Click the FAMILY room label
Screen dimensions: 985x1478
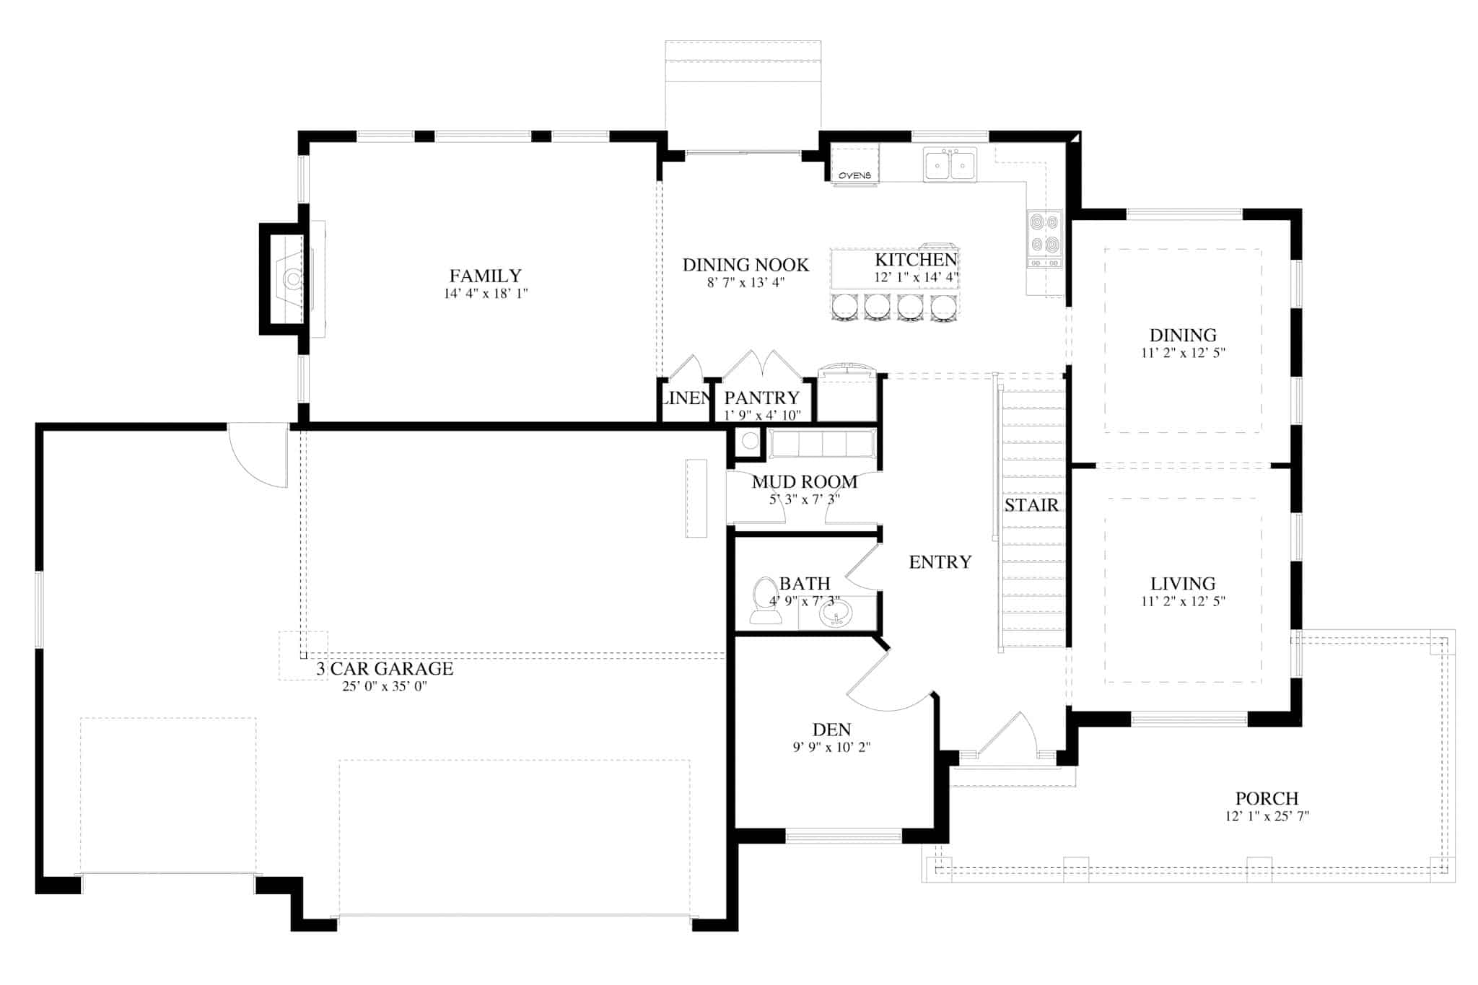[x=485, y=276]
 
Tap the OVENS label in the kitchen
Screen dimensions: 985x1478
[x=854, y=175]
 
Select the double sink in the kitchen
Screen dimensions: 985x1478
[x=950, y=165]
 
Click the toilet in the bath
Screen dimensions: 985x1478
[x=765, y=601]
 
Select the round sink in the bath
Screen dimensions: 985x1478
[x=836, y=615]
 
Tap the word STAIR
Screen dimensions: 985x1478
[x=1031, y=505]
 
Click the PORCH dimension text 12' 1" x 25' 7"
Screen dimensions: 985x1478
[x=1267, y=816]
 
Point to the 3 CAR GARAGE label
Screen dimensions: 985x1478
[x=385, y=669]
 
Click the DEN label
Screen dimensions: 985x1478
[x=831, y=730]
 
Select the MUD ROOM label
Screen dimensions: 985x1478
[x=805, y=481]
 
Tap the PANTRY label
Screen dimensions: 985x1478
[x=761, y=398]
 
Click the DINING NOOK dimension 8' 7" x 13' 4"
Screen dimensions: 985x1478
[x=745, y=283]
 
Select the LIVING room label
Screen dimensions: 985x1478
[x=1183, y=583]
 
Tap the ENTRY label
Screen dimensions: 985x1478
[x=940, y=562]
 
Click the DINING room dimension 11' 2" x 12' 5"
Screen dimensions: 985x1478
[x=1183, y=353]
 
